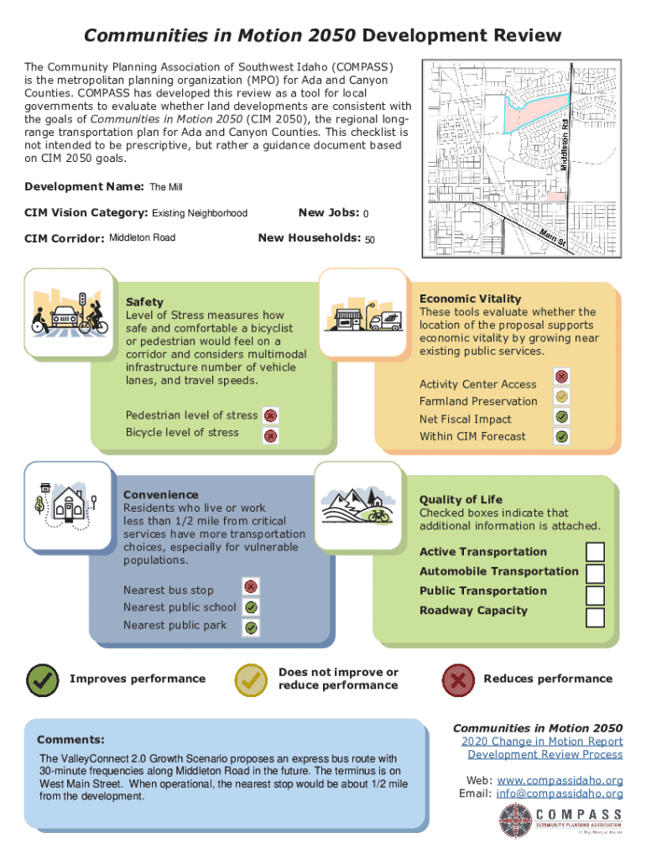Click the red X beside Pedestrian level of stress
point(270,415)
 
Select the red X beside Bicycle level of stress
point(270,435)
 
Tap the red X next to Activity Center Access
point(562,377)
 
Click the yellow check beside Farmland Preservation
point(562,396)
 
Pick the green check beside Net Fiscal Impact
point(562,416)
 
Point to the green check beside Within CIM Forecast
point(562,436)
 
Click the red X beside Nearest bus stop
point(251,586)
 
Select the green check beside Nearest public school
point(251,607)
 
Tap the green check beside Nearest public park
point(251,627)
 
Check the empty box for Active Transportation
point(595,552)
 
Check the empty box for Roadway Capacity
point(595,617)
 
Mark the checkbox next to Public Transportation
point(595,596)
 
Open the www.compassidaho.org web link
point(571,780)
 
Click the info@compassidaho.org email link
point(560,794)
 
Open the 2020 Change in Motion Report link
point(542,741)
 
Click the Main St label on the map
point(553,238)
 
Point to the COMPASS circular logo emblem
point(514,820)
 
